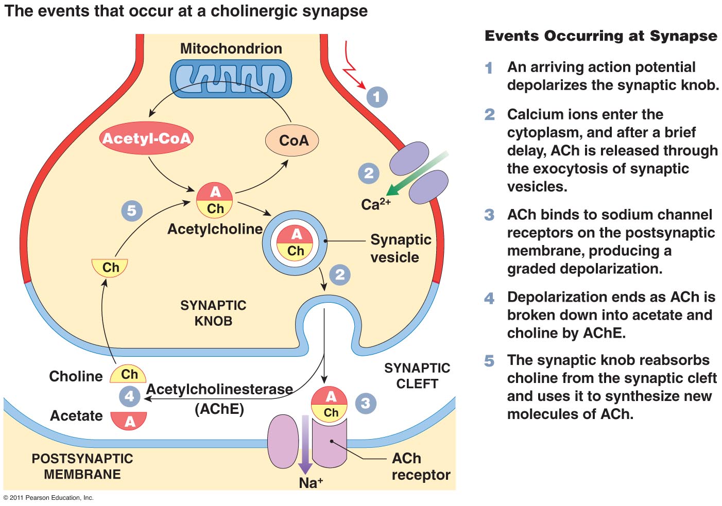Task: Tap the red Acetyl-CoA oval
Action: point(147,138)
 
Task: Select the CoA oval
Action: point(292,140)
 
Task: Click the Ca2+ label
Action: point(375,204)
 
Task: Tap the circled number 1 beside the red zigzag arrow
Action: point(377,97)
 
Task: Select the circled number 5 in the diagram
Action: point(132,211)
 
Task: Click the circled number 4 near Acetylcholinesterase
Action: point(129,396)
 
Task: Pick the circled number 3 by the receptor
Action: point(365,403)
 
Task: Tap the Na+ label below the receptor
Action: point(311,483)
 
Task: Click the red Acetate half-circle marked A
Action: point(129,421)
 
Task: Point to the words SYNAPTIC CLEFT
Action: point(417,376)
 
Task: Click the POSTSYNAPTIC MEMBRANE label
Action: point(82,466)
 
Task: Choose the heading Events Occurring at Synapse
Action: point(600,36)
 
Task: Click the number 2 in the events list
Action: point(489,114)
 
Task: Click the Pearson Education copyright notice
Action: point(49,498)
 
